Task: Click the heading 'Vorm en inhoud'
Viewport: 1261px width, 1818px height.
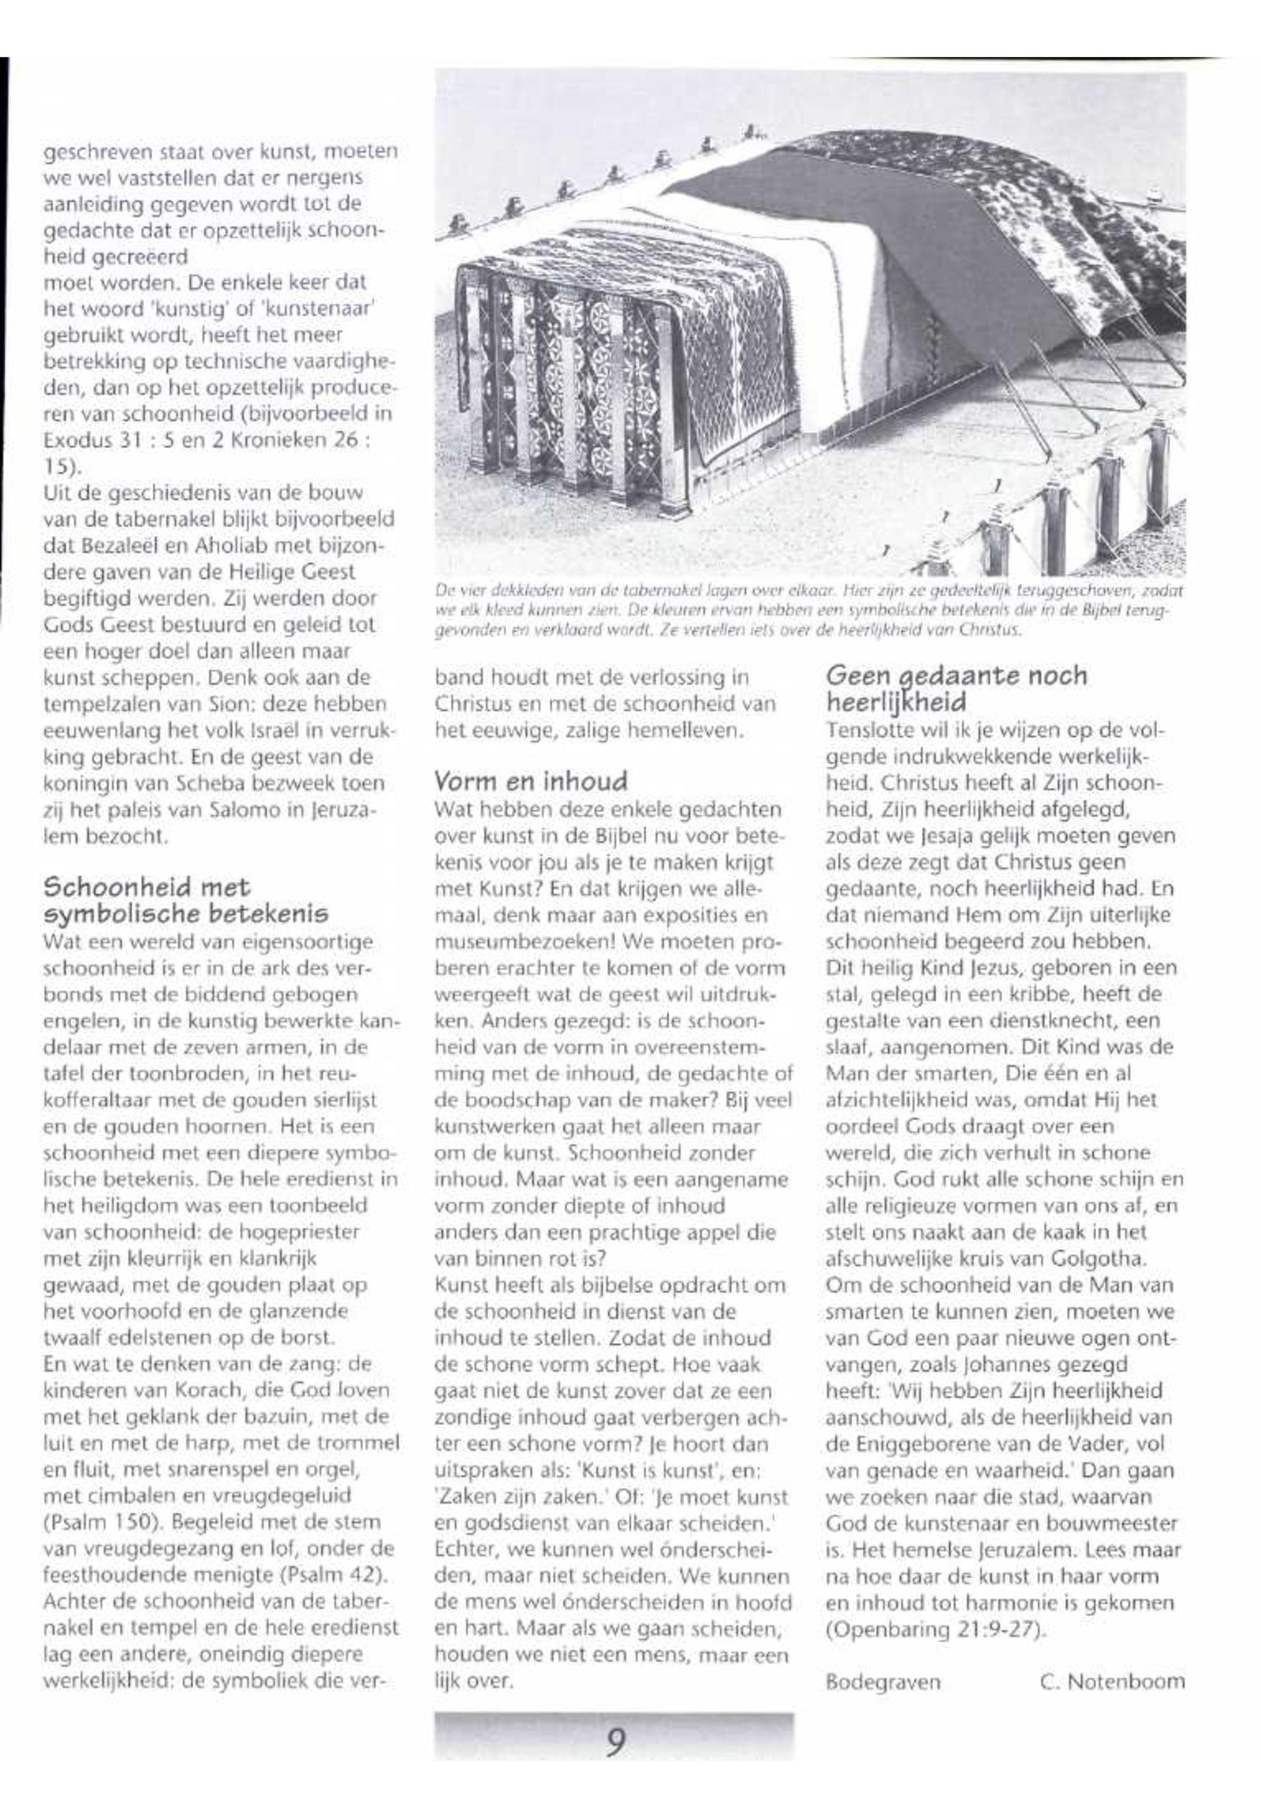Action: tap(531, 781)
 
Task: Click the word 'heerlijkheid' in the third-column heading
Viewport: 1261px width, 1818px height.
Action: tap(896, 702)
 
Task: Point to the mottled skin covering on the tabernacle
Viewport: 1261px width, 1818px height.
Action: tap(1059, 198)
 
